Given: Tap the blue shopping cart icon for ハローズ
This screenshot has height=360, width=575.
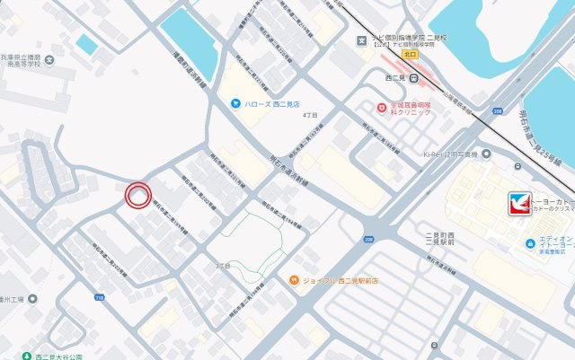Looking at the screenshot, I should pyautogui.click(x=234, y=103).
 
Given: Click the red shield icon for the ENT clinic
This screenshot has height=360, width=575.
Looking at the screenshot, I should pyautogui.click(x=382, y=107).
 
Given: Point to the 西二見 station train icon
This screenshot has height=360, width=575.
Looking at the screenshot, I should pyautogui.click(x=414, y=78).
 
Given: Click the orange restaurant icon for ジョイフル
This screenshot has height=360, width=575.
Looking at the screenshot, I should pyautogui.click(x=294, y=282).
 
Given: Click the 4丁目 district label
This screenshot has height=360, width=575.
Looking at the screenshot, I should pyautogui.click(x=310, y=116).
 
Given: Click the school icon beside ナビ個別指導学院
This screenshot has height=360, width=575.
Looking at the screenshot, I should pyautogui.click(x=361, y=40).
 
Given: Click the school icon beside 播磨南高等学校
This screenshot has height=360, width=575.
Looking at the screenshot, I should pyautogui.click(x=49, y=62).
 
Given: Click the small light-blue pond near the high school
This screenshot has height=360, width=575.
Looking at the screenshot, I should pyautogui.click(x=87, y=44).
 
